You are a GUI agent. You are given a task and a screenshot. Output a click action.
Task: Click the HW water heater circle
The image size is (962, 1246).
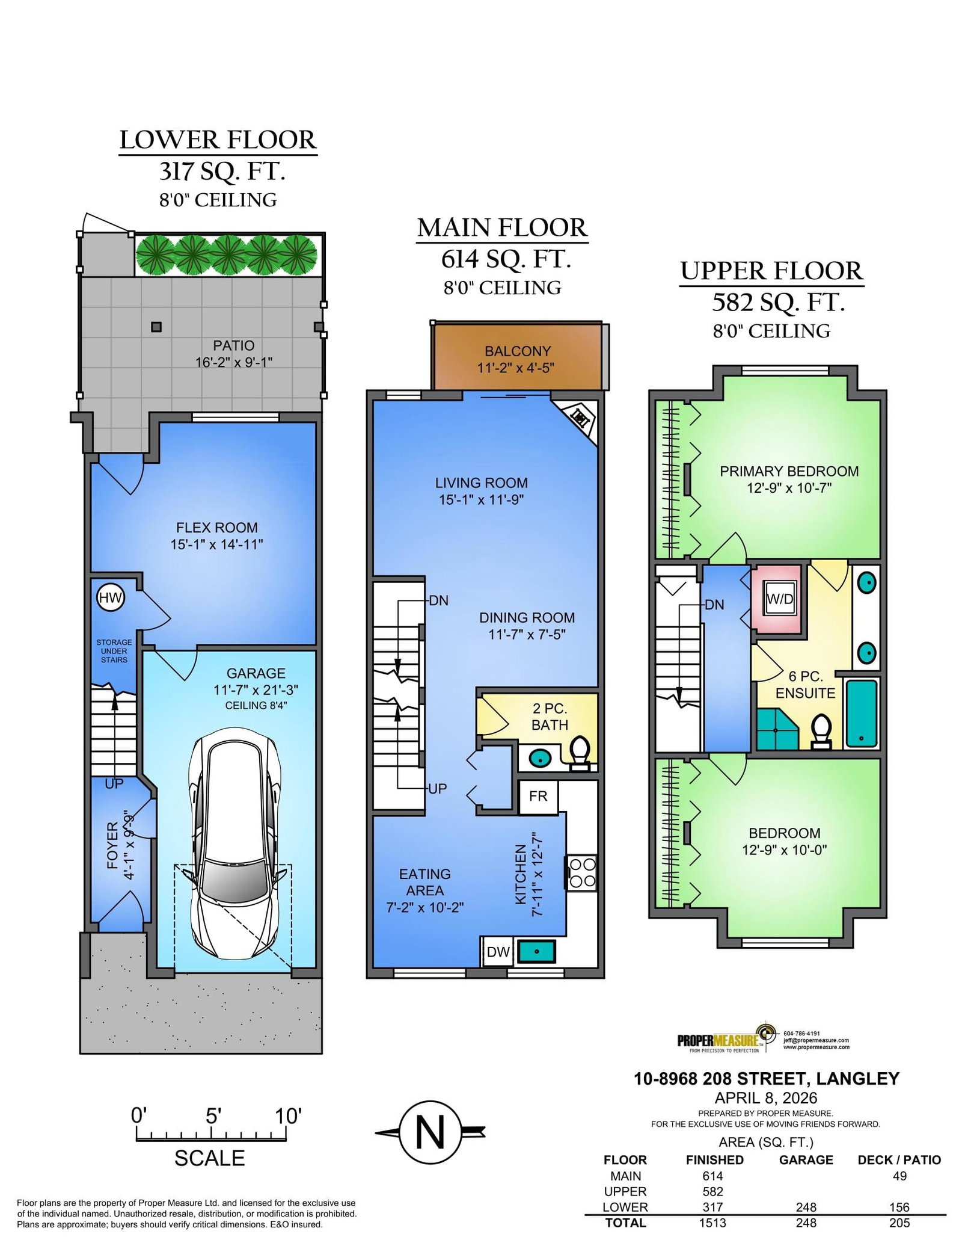[111, 598]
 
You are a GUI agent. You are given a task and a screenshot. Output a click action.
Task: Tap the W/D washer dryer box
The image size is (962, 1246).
[780, 599]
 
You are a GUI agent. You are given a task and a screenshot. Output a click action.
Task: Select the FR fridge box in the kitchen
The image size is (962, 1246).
[538, 797]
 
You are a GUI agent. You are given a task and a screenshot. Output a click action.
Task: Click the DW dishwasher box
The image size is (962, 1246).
[498, 952]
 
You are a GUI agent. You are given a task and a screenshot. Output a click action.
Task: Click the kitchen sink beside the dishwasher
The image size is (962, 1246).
[536, 951]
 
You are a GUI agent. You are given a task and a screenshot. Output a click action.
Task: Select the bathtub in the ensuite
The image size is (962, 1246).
[862, 712]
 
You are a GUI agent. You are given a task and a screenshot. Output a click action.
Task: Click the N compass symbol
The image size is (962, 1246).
[430, 1133]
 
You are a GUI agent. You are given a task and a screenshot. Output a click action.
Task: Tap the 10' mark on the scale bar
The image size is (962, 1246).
[287, 1117]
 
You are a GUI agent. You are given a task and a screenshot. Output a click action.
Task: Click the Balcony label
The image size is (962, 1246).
[518, 351]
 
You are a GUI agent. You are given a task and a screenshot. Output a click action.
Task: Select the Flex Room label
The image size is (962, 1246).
[217, 528]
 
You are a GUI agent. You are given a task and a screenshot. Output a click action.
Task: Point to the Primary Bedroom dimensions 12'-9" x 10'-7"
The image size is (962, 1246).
[789, 488]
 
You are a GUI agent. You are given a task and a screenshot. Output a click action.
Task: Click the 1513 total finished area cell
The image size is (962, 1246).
[714, 1223]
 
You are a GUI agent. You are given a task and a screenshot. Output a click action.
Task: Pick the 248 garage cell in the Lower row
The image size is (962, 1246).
[806, 1207]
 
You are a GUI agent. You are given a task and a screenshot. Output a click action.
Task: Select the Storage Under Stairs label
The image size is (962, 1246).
[114, 651]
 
